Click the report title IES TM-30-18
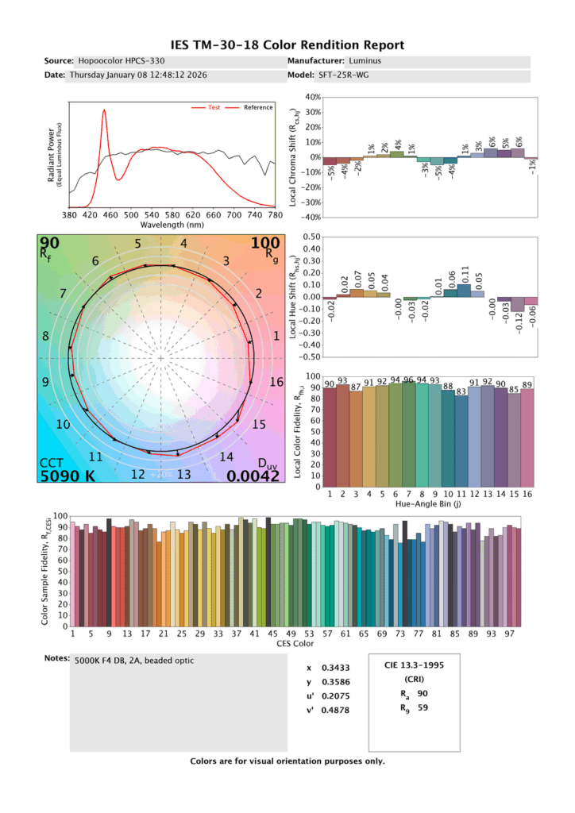(x=287, y=45)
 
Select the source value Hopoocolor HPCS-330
(x=122, y=61)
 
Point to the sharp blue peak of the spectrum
(x=104, y=111)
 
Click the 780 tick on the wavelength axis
(x=275, y=214)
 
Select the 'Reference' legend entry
(x=257, y=107)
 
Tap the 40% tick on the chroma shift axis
(x=311, y=98)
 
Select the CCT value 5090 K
(x=68, y=476)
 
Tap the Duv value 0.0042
(x=252, y=476)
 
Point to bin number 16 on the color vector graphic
(x=276, y=382)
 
